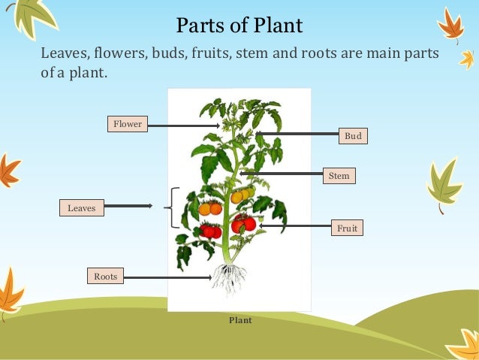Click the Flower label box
point(127,123)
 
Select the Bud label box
point(353,136)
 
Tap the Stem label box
point(339,176)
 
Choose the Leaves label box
point(82,207)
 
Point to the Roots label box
point(106,277)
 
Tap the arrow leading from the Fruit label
point(293,225)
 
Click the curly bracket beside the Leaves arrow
point(176,207)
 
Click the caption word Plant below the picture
point(240,320)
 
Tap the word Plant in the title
point(278,26)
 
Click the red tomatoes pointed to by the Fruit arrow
point(243,223)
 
